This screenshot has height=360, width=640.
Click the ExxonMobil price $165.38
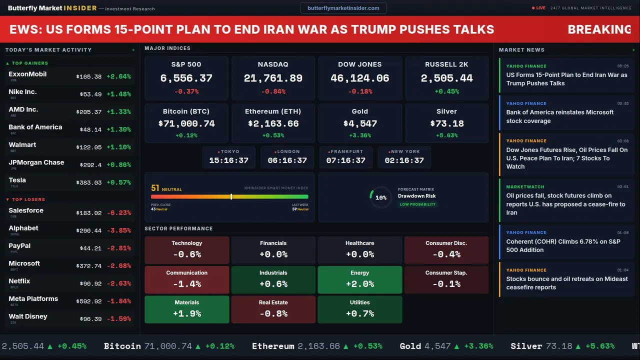point(89,77)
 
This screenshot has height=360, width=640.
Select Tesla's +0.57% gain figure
point(119,183)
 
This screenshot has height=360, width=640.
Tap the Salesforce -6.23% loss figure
point(119,213)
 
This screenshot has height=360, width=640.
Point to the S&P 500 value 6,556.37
point(186,78)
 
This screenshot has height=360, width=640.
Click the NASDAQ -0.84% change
point(273,91)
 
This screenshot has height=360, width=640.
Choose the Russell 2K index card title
point(446,64)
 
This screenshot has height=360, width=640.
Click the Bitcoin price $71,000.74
point(186,123)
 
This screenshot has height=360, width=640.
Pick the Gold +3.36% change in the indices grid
point(359,135)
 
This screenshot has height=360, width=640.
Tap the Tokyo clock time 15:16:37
point(228,160)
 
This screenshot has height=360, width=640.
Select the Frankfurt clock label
point(347,151)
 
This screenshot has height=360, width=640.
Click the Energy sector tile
point(359,279)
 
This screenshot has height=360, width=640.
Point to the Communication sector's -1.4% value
point(186,284)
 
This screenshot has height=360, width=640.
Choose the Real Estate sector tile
point(273,309)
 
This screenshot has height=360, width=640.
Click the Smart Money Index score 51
point(155,188)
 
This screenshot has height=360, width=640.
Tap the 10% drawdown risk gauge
point(380,197)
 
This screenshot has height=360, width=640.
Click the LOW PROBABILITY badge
point(417,204)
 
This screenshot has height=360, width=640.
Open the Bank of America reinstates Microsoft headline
point(559,116)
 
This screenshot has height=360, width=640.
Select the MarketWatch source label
point(525,187)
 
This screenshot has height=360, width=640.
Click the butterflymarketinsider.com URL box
point(343,8)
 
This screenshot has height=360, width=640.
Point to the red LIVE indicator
point(539,8)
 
